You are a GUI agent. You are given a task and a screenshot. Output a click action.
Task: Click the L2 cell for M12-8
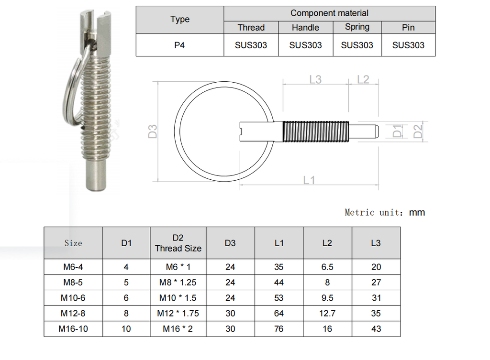(x=327, y=313)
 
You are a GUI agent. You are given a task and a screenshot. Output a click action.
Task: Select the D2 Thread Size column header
(x=178, y=243)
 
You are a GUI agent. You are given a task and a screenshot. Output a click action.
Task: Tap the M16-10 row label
(x=73, y=329)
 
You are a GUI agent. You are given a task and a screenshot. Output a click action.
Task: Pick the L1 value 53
(x=279, y=298)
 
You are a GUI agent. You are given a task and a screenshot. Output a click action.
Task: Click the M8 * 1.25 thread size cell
(x=178, y=282)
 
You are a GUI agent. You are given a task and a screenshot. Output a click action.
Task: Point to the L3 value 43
(x=376, y=329)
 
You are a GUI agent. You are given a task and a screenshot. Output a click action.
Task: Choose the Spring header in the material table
(x=357, y=27)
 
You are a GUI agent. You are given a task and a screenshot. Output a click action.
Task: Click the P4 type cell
(x=179, y=45)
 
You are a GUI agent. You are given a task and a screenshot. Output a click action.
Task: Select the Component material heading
(x=329, y=13)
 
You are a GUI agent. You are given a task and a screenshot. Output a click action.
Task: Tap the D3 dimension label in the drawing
(x=153, y=131)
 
